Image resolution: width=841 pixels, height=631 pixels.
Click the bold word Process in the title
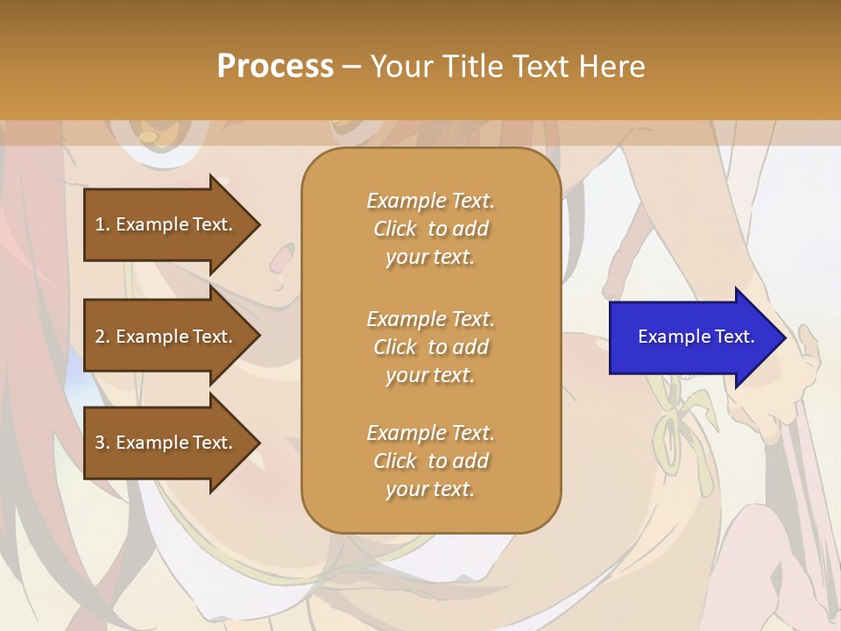pyautogui.click(x=275, y=67)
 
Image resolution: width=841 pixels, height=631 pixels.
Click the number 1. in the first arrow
pyautogui.click(x=102, y=224)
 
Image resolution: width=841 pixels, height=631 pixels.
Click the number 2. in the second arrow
pyautogui.click(x=102, y=337)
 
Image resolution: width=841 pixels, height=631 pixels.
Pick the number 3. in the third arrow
pyautogui.click(x=102, y=443)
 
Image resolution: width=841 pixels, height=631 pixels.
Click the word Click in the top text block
pyautogui.click(x=394, y=229)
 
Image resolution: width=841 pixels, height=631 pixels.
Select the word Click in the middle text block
pyautogui.click(x=394, y=347)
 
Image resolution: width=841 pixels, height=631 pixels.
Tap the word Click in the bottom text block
pyautogui.click(x=394, y=461)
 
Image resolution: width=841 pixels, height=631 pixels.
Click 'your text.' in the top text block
pyautogui.click(x=430, y=258)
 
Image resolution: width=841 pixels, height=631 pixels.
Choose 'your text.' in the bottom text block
pyautogui.click(x=430, y=490)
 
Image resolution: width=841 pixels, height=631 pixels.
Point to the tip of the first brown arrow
pyautogui.click(x=258, y=224)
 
